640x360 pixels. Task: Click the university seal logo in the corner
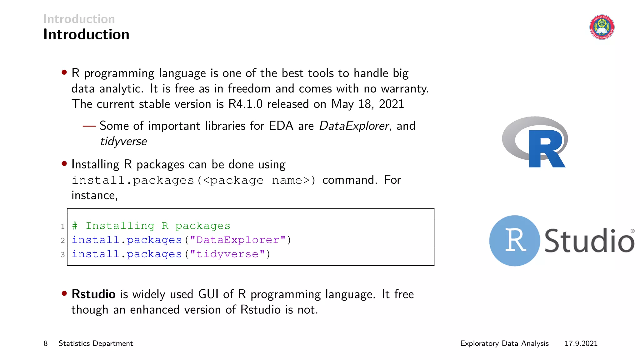[602, 27]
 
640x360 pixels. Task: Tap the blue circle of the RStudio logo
[514, 241]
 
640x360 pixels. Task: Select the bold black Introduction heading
[86, 34]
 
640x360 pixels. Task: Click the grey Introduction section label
[79, 19]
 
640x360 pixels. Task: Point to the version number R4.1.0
[245, 104]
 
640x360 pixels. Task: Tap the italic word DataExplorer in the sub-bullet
[354, 126]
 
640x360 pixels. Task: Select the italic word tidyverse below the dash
[123, 142]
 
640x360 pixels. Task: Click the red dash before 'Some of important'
[89, 126]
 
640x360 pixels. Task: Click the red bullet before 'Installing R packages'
[64, 163]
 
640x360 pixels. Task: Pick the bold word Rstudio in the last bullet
[93, 294]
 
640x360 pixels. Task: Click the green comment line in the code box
[151, 226]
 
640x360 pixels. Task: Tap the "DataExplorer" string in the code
[238, 240]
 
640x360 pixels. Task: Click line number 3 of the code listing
[63, 255]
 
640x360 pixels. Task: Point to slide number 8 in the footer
[46, 343]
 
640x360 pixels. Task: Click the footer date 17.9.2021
[581, 343]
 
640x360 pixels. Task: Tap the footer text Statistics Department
[96, 343]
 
